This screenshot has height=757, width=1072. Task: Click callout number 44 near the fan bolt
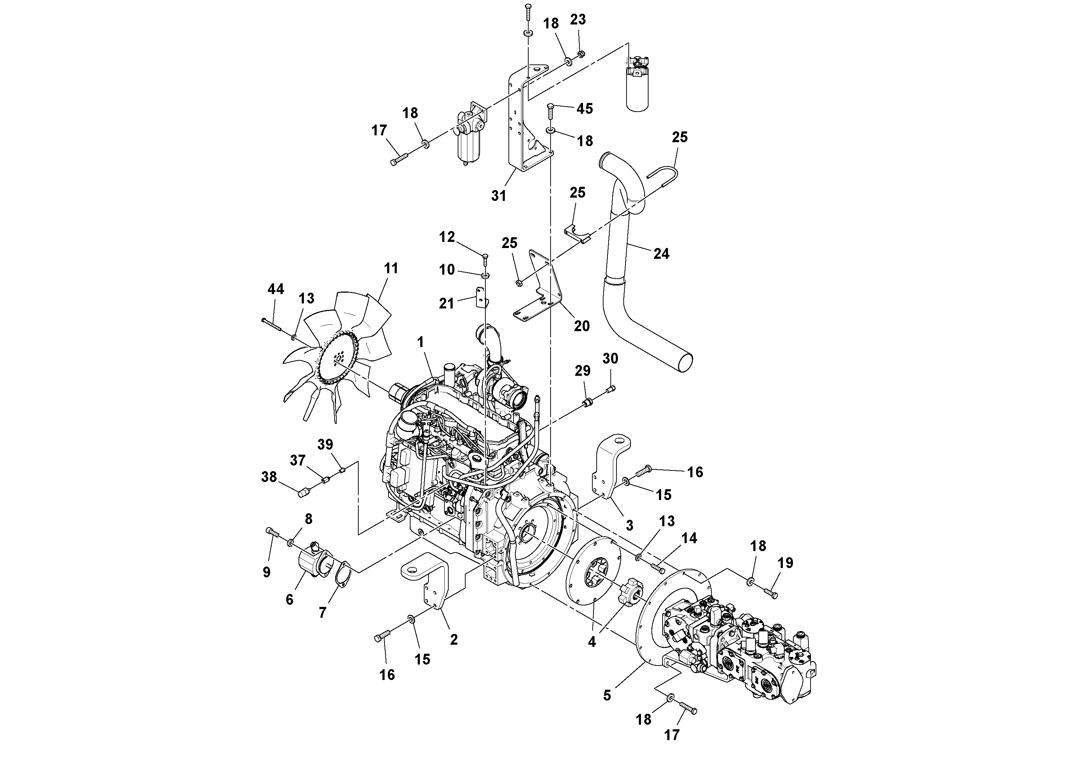click(x=275, y=289)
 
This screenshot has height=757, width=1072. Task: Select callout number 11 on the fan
click(x=391, y=269)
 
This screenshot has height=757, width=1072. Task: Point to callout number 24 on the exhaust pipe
click(x=661, y=254)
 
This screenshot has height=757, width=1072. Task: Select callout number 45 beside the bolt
click(x=584, y=109)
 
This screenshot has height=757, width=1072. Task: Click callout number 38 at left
click(x=269, y=477)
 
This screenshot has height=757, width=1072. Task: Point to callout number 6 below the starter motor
click(x=290, y=599)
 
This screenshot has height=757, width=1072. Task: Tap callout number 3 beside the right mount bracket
click(x=629, y=526)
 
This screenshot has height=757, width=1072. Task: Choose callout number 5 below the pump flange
click(x=606, y=695)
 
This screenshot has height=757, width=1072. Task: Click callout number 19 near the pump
click(x=785, y=563)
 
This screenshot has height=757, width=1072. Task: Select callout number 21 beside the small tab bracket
click(x=447, y=304)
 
